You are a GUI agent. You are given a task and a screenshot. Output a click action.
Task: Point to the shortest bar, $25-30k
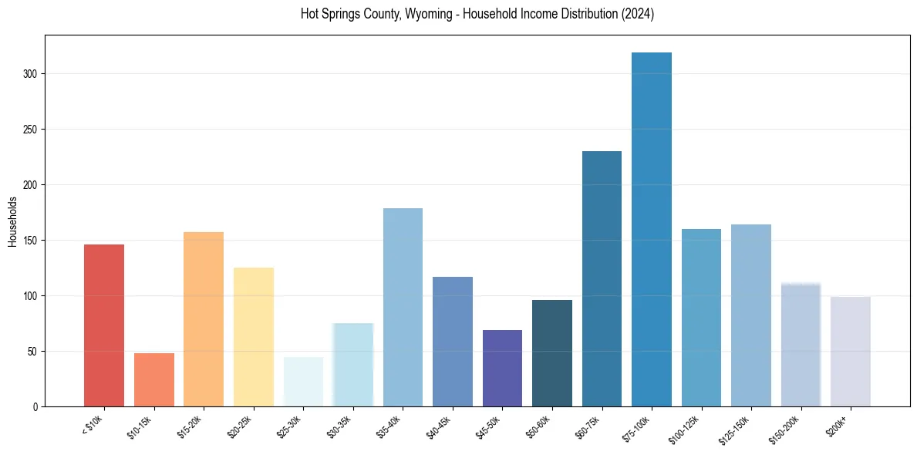click(303, 382)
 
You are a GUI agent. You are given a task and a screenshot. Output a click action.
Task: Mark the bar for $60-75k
click(602, 278)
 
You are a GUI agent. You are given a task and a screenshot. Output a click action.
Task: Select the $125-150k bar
click(751, 315)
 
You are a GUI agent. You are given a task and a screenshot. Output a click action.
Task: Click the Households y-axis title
click(13, 222)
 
